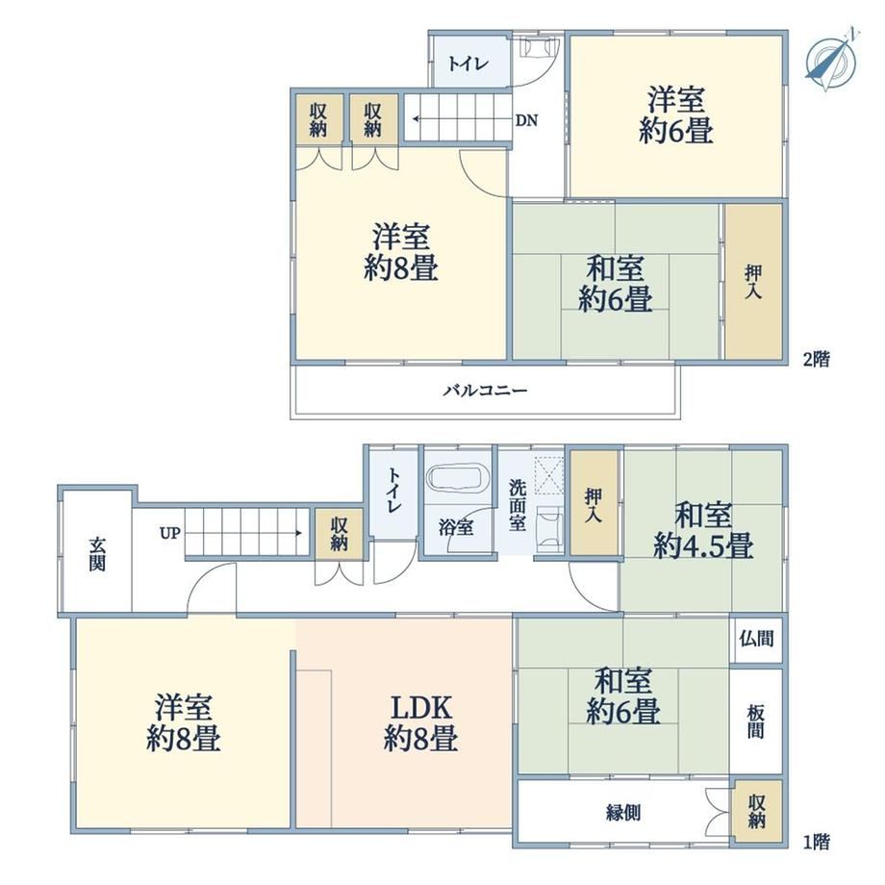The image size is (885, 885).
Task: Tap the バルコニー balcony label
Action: (x=485, y=391)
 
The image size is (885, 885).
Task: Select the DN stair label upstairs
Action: (x=526, y=120)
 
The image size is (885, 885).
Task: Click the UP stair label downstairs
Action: (x=169, y=533)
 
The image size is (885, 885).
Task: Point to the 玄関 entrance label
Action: (x=97, y=554)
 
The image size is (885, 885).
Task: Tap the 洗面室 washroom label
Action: (x=518, y=505)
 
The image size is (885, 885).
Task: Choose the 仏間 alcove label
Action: (x=756, y=639)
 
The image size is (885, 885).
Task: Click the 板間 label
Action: (x=756, y=721)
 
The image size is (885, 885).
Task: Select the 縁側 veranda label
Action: (x=623, y=813)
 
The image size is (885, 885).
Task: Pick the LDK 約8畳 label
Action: (x=421, y=723)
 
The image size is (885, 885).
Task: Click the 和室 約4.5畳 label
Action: (x=703, y=531)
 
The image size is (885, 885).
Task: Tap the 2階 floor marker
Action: (x=817, y=360)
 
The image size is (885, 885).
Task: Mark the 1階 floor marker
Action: (x=817, y=842)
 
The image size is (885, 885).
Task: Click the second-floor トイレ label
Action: (x=468, y=63)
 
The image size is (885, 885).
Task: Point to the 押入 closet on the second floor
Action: (x=753, y=282)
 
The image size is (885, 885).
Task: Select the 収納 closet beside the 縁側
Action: (x=757, y=812)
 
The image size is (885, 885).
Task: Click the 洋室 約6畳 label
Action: (x=676, y=114)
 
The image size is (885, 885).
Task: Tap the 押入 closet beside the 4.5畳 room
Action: (x=594, y=503)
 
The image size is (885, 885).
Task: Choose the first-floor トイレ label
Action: (x=393, y=490)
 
